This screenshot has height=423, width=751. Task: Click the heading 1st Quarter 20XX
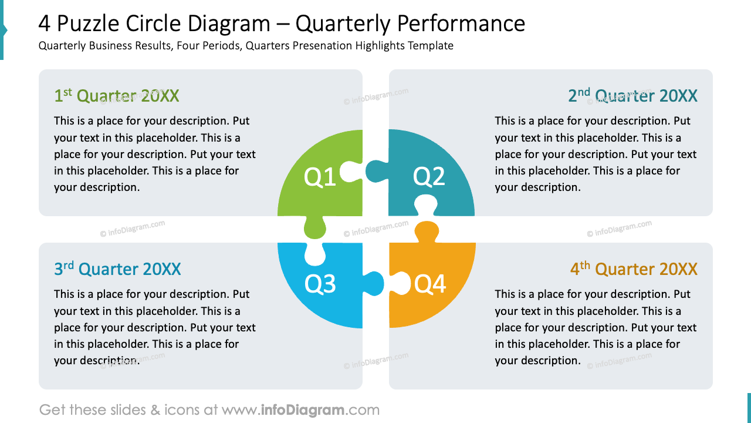pyautogui.click(x=117, y=96)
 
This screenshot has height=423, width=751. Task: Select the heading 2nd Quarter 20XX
pyautogui.click(x=632, y=96)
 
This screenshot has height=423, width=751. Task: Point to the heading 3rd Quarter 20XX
pyautogui.click(x=117, y=269)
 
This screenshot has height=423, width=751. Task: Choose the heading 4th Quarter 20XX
pyautogui.click(x=634, y=269)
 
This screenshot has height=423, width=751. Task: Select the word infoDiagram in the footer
pyautogui.click(x=303, y=409)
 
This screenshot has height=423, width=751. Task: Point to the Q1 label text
pyautogui.click(x=320, y=177)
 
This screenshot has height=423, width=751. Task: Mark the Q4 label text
pyautogui.click(x=430, y=284)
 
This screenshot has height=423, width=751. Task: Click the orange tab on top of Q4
pyautogui.click(x=427, y=231)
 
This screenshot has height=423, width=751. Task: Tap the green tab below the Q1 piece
pyautogui.click(x=315, y=229)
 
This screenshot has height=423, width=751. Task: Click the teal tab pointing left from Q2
pyautogui.click(x=375, y=172)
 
